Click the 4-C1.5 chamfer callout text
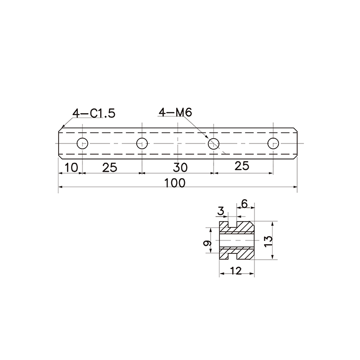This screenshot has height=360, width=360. point(94,113)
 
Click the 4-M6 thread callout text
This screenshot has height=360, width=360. point(175,112)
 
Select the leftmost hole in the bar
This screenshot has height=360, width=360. point(83,144)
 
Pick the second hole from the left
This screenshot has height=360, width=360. point(142,144)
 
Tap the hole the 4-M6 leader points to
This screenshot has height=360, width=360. point(214,144)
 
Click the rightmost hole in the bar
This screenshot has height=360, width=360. point(273,144)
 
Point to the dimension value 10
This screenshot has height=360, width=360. point(72,168)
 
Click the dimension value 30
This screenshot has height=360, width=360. point(180,168)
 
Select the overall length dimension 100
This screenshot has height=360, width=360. point(175,183)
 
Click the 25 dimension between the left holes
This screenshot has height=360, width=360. point(110,168)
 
